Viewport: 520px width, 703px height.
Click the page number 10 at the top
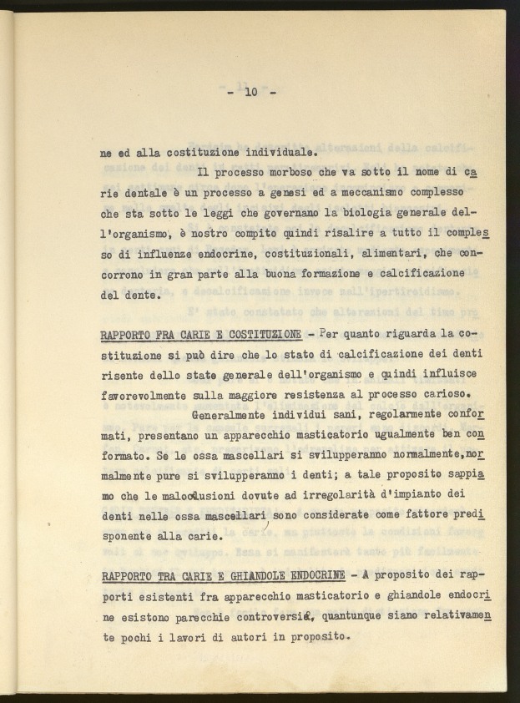point(250,93)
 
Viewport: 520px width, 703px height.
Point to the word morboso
point(296,173)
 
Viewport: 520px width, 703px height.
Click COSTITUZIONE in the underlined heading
point(260,335)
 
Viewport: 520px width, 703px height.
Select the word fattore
point(411,516)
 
